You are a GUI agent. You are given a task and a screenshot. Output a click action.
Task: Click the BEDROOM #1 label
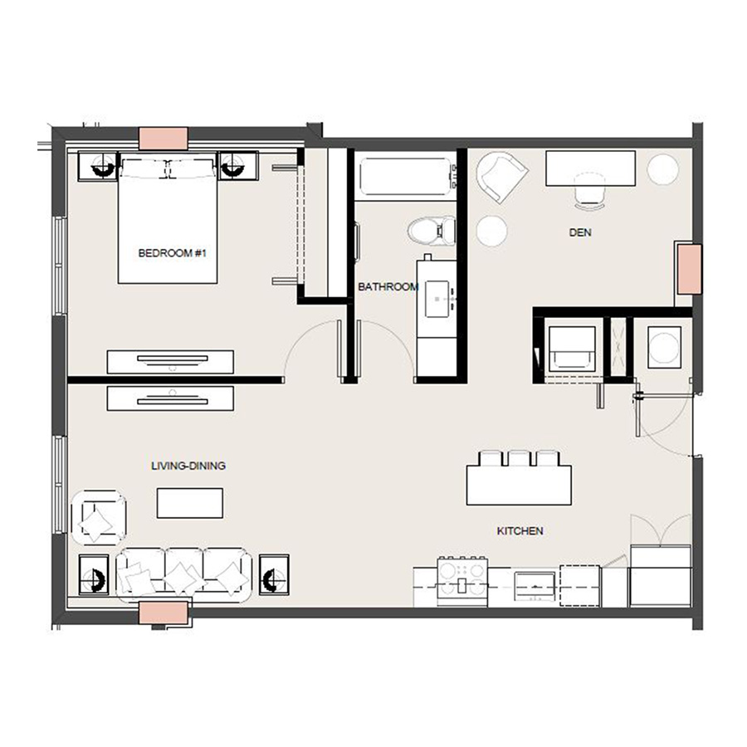172,253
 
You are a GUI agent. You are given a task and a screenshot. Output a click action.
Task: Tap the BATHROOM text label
388,287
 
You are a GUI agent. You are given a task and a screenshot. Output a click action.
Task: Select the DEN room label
580,232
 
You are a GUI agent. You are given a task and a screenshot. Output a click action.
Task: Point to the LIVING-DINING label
188,466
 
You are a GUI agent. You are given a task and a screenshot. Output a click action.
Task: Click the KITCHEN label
520,530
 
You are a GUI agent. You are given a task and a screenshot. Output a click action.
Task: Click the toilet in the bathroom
432,230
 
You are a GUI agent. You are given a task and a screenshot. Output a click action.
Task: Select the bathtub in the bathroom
405,176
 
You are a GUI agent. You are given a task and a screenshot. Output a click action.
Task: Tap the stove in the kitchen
462,582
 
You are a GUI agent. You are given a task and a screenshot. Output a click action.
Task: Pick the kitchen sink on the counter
535,587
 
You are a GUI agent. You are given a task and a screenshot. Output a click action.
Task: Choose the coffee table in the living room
190,503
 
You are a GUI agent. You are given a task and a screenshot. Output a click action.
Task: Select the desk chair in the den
590,192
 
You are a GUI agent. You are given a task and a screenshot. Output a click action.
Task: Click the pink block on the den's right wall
689,269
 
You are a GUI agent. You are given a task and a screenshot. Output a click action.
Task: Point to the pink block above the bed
163,139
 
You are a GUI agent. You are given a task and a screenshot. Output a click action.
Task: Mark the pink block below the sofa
163,613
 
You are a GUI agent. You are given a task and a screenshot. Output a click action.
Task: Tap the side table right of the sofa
274,574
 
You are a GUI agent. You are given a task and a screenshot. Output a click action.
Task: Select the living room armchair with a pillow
99,518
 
